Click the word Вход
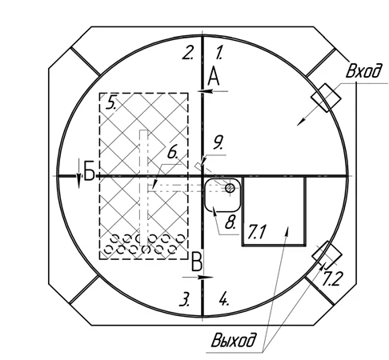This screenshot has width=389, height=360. tap(363, 70)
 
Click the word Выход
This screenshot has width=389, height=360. tap(233, 340)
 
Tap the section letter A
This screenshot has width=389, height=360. tap(214, 77)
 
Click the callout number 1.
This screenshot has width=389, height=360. tap(220, 53)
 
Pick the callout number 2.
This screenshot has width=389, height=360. tap(188, 53)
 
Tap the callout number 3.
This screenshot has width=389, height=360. tap(185, 299)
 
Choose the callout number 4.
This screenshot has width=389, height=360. tap(223, 299)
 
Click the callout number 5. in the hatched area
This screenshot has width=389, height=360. tap(110, 103)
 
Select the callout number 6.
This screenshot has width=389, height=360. tap(173, 152)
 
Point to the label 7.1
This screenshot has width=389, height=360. tap(256, 232)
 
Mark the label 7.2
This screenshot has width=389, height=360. tap(331, 279)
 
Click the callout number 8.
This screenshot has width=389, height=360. tap(231, 222)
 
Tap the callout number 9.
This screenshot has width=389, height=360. tap(219, 143)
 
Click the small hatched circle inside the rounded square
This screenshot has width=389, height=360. tap(230, 188)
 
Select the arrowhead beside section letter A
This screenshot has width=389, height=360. tap(205, 91)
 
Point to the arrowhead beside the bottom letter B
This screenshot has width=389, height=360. tap(207, 278)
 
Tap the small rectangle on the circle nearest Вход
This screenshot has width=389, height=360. tap(326, 98)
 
